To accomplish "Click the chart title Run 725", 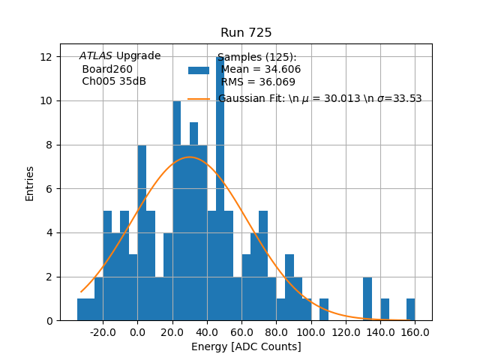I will (x=246, y=33).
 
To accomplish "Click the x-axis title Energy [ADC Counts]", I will (x=246, y=346).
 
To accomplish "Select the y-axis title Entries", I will (x=30, y=183).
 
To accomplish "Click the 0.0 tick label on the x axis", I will (x=137, y=331).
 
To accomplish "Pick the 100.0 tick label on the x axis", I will (x=310, y=331).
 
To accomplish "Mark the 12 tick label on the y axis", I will (x=46, y=57).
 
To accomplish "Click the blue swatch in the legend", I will (x=199, y=70).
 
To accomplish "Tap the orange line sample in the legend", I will (x=199, y=99).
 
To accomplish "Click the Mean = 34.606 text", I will (x=260, y=70).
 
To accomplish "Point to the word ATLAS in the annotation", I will (x=96, y=56).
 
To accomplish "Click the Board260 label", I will (x=107, y=69).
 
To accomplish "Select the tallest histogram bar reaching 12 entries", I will (x=220, y=187).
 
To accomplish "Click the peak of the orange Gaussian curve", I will (x=190, y=157).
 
